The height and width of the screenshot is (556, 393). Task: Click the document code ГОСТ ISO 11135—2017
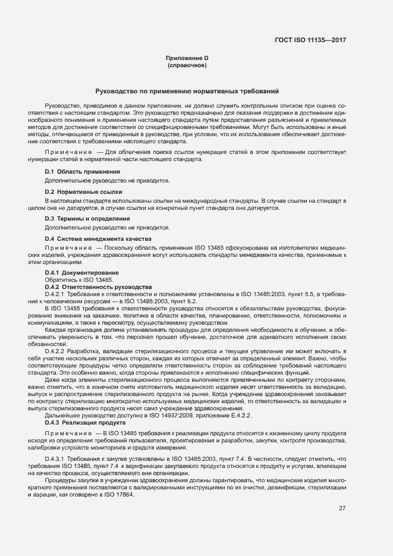pyautogui.click(x=311, y=40)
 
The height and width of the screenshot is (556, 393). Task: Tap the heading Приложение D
pyautogui.click(x=186, y=58)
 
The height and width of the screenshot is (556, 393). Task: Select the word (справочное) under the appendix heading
pyautogui.click(x=187, y=65)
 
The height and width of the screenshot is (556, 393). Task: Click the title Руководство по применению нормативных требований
pyautogui.click(x=187, y=91)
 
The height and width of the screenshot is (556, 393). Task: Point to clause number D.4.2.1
pyautogui.click(x=54, y=294)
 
